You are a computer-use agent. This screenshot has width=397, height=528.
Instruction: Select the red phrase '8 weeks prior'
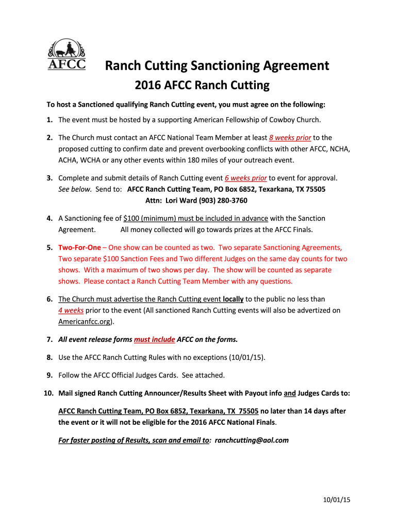point(290,138)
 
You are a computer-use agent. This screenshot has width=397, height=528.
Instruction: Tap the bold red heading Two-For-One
point(79,247)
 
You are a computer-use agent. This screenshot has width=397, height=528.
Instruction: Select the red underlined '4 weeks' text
point(71,310)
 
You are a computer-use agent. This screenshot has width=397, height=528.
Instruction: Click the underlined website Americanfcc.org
point(85,322)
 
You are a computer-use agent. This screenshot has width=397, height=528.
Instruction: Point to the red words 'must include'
point(154,339)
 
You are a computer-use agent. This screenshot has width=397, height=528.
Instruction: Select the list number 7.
point(49,339)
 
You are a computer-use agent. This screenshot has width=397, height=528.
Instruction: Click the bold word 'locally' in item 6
point(233,299)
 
